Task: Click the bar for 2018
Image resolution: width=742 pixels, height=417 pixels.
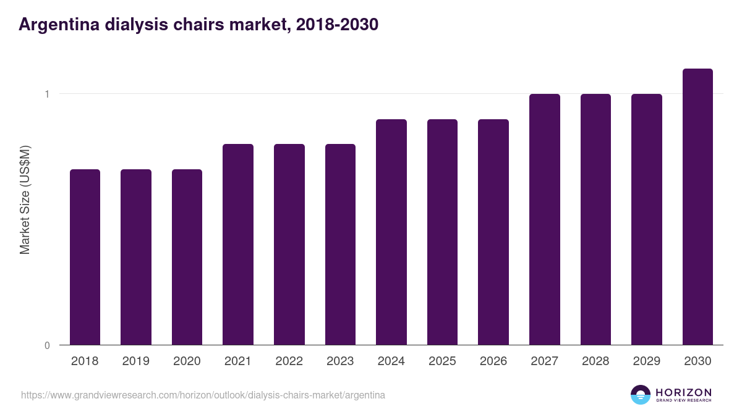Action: coord(85,257)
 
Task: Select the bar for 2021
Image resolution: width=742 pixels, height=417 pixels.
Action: coord(238,244)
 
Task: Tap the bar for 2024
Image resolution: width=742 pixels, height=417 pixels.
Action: coord(391,232)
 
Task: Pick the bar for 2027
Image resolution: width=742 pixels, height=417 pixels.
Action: coord(545,219)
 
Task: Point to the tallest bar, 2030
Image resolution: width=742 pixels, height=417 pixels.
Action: coord(697,206)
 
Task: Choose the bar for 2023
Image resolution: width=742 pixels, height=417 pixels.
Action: coord(340,244)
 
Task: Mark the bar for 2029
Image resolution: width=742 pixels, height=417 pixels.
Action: coord(647,219)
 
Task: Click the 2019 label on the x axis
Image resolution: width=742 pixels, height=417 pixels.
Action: coord(135,361)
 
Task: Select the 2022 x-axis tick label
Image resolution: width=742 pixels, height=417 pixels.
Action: coord(289,361)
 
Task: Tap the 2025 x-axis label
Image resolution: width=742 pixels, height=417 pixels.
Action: coord(442,361)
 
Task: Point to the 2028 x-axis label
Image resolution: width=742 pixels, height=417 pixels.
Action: coord(595,361)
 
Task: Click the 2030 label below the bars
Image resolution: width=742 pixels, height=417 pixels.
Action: coord(697,361)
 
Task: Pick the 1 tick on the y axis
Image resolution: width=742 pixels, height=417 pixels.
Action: coord(46,94)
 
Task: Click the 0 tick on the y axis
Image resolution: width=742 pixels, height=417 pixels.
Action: coord(46,345)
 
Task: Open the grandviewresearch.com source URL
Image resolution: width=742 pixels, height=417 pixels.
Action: coord(203,395)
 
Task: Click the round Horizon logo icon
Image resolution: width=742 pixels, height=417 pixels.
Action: coord(641,395)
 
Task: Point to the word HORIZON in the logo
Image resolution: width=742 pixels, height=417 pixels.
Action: coord(683,392)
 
